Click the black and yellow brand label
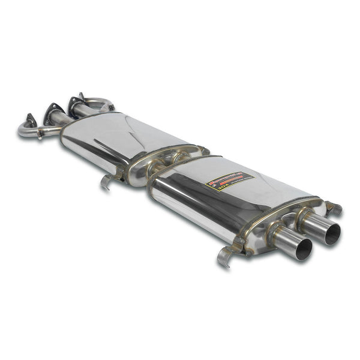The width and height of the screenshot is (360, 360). [x=230, y=180]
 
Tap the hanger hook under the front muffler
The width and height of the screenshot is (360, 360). [x=107, y=181]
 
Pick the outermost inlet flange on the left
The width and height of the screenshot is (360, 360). [x=30, y=121]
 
